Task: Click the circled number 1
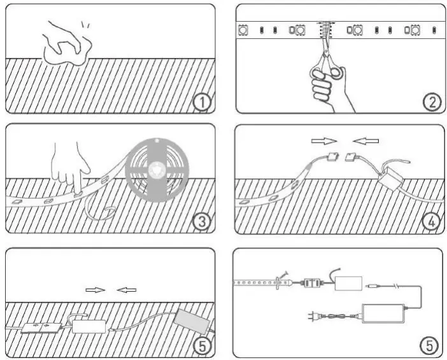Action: (201, 103)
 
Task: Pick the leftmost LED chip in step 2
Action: (242, 29)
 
